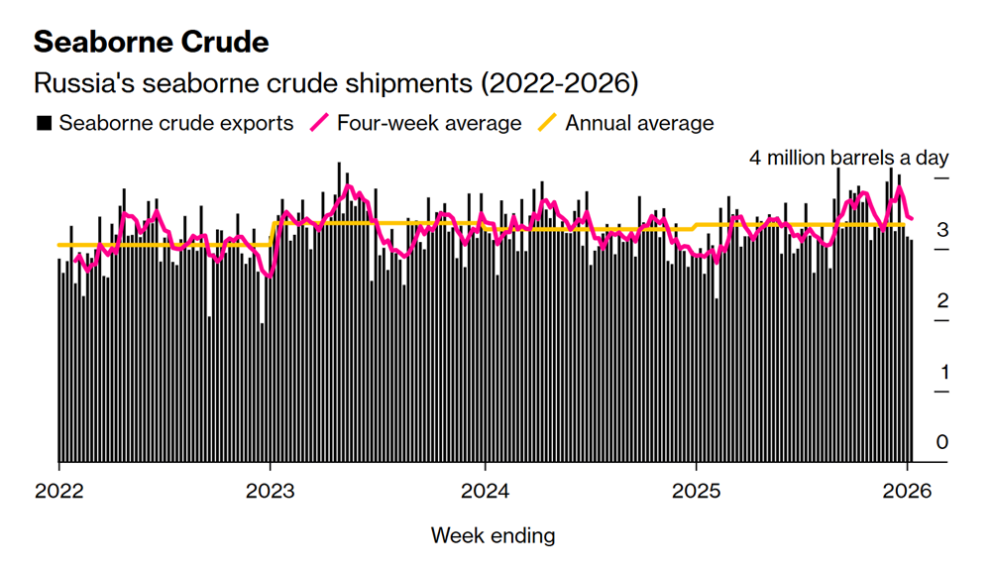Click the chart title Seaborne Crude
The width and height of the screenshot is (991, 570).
click(x=151, y=42)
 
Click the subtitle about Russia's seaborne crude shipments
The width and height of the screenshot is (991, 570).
click(x=335, y=83)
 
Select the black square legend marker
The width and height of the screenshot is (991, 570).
click(x=44, y=124)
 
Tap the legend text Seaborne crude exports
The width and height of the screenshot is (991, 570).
click(x=176, y=124)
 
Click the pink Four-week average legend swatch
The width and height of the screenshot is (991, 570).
click(x=320, y=124)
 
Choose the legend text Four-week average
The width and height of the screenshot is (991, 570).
click(x=428, y=124)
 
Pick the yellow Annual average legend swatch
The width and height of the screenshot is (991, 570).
click(x=547, y=124)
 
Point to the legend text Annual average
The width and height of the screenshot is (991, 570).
click(x=639, y=124)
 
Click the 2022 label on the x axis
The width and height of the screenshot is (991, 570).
click(x=58, y=490)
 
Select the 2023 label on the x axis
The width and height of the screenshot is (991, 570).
click(x=271, y=490)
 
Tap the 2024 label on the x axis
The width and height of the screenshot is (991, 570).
click(x=484, y=490)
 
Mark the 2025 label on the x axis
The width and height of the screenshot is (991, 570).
click(x=697, y=490)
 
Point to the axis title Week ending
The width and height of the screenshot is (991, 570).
click(x=493, y=536)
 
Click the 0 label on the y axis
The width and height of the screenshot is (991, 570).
click(x=942, y=442)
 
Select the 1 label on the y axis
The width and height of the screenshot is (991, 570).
click(x=942, y=372)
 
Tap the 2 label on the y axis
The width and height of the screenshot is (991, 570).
click(x=942, y=300)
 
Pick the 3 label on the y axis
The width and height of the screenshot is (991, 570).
click(x=942, y=230)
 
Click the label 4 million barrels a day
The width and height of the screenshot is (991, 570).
click(x=848, y=158)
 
